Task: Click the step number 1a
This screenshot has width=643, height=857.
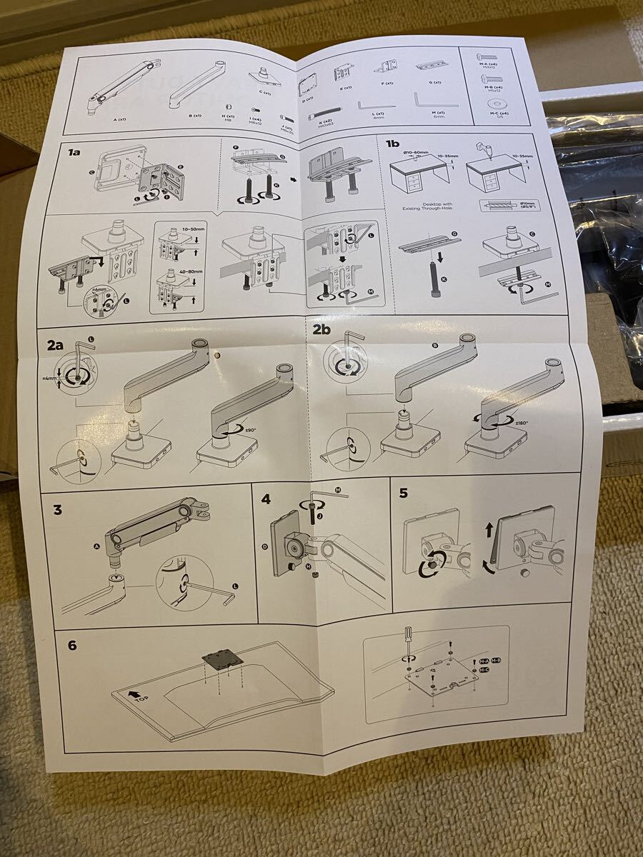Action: click(x=73, y=152)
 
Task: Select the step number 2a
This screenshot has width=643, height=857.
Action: click(x=56, y=344)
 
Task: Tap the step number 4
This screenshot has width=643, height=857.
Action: click(x=266, y=498)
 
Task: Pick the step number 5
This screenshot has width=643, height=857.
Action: click(x=403, y=493)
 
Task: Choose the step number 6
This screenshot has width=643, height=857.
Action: click(x=72, y=646)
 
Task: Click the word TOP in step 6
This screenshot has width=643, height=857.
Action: click(x=141, y=698)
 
